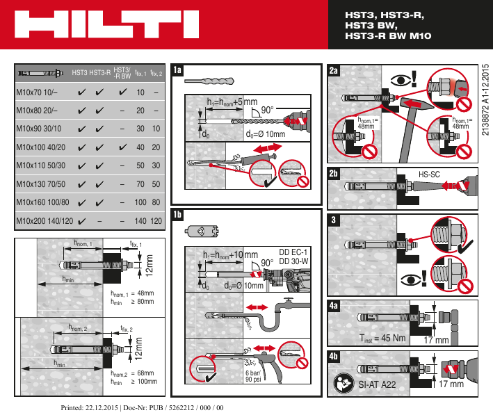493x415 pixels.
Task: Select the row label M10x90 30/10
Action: [x=38, y=129]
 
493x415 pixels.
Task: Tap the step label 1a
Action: [x=178, y=70]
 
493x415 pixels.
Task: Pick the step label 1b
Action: [x=178, y=214]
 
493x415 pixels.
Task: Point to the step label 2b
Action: [x=334, y=173]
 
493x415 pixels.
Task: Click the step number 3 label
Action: [x=334, y=220]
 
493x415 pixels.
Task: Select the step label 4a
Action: [x=334, y=305]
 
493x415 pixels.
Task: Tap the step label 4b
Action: [x=334, y=357]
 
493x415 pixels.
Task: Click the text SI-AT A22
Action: [x=377, y=384]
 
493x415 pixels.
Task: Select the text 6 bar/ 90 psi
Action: [x=252, y=376]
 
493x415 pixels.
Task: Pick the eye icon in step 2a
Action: [x=399, y=79]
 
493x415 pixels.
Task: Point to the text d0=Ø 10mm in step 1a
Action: [x=266, y=133]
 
